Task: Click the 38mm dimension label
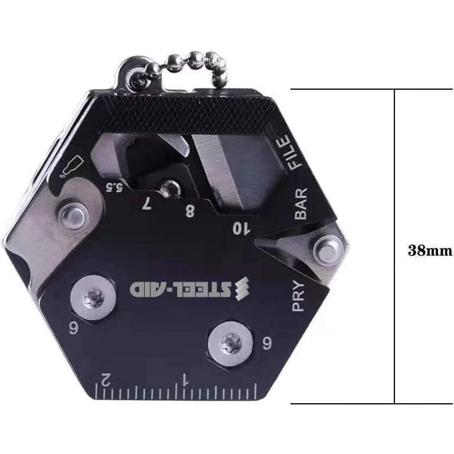[x=430, y=250]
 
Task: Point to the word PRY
[x=300, y=295]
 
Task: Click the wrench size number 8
[x=190, y=211]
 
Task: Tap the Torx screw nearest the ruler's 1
[x=227, y=340]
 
